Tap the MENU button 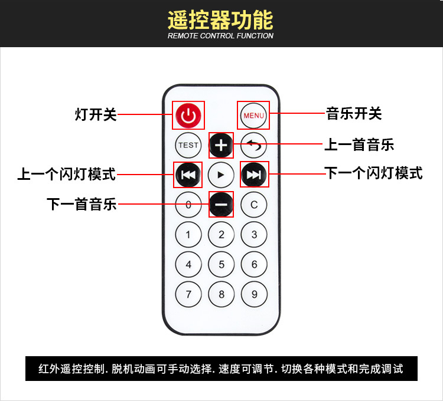click(253, 116)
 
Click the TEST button click(188, 145)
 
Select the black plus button click(221, 145)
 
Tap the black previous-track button click(188, 175)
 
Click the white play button click(221, 175)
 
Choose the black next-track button click(254, 175)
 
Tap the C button click(254, 205)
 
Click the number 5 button click(221, 264)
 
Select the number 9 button click(254, 294)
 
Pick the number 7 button click(188, 294)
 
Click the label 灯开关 click(96, 114)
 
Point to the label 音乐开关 click(354, 113)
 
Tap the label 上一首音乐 click(359, 144)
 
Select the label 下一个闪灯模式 click(374, 173)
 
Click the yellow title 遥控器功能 click(220, 20)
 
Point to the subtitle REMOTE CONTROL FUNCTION click(220, 36)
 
